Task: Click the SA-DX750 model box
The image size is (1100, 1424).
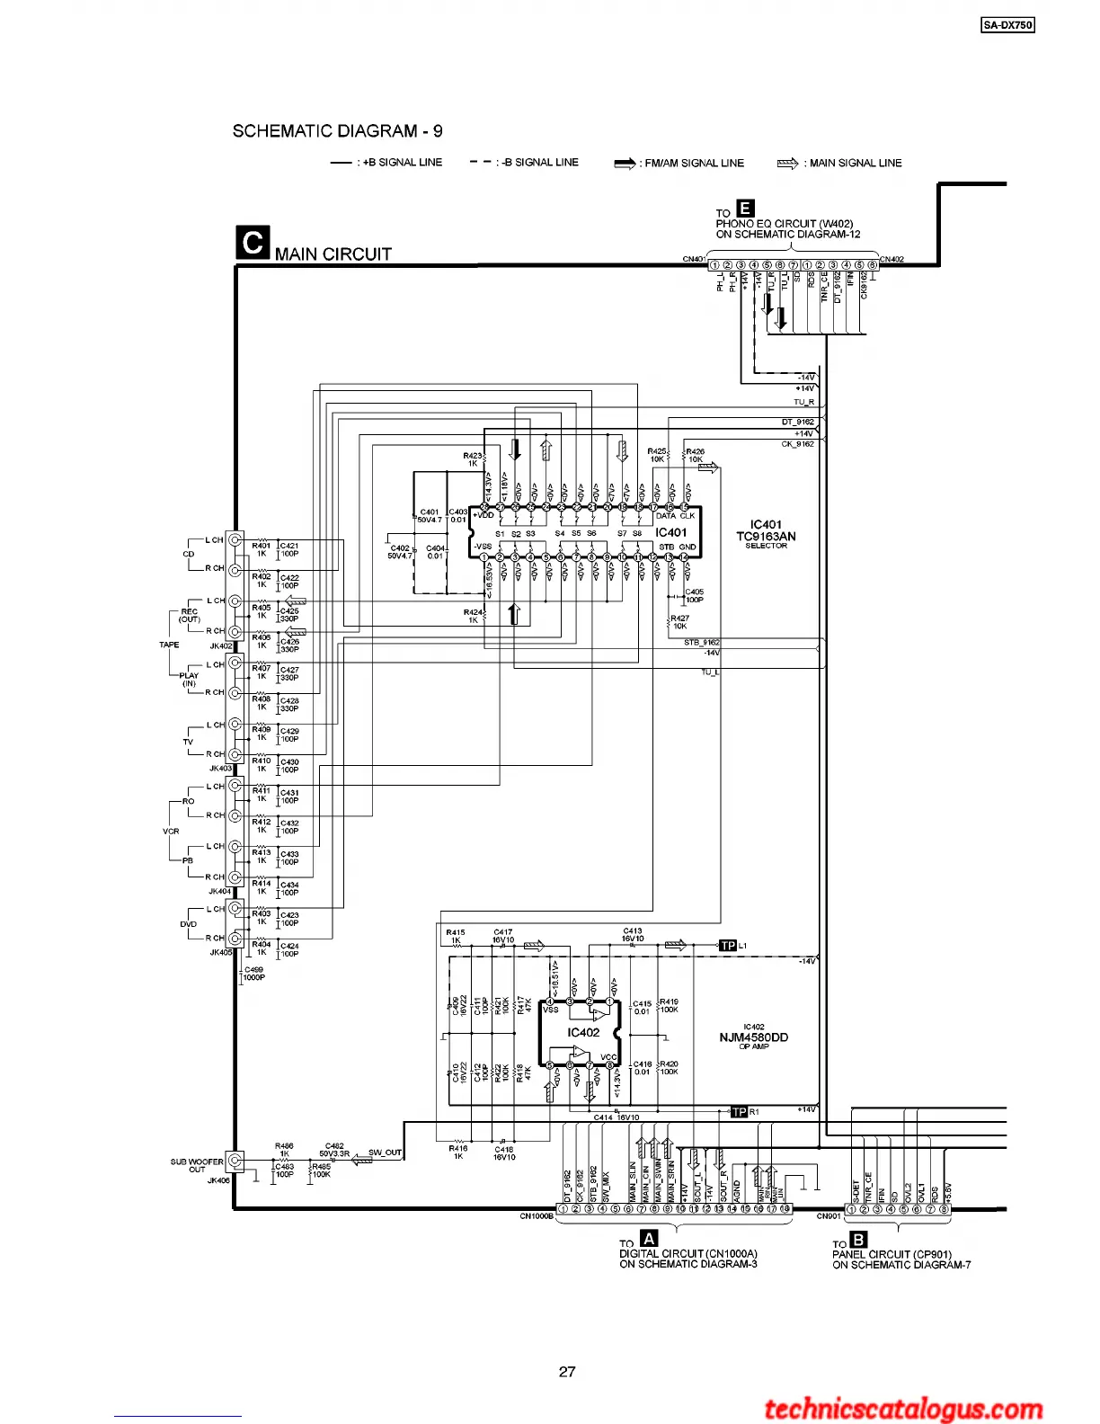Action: tap(1007, 25)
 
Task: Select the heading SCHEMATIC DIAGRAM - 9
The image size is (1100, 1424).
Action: tap(337, 131)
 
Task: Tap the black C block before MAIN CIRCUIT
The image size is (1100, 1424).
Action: tap(253, 243)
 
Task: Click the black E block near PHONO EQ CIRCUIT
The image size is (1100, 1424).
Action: tap(744, 209)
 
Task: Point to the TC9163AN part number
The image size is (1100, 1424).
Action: tap(766, 537)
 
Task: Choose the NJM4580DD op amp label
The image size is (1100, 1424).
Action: tap(753, 1037)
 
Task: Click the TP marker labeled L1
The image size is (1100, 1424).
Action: tap(728, 946)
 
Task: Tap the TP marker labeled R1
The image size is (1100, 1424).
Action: tap(739, 1112)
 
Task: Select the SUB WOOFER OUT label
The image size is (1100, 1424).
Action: tap(197, 1165)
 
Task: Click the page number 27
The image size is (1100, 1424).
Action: tap(567, 1372)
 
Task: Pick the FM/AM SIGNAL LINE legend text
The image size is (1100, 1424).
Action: tap(694, 164)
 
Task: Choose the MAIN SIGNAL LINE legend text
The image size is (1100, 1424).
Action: tap(855, 164)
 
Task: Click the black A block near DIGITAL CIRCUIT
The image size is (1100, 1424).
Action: tap(648, 1239)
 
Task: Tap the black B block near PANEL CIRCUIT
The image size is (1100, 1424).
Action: tap(859, 1241)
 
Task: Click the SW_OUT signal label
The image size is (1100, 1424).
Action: tap(386, 1153)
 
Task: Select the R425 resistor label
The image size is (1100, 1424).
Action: tap(657, 451)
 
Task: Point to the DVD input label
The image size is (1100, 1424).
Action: tap(188, 924)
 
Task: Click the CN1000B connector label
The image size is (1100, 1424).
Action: tap(537, 1216)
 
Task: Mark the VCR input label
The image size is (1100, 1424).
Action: tap(171, 832)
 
